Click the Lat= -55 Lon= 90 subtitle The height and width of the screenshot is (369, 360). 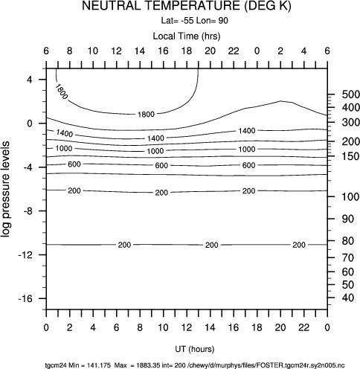[x=195, y=21]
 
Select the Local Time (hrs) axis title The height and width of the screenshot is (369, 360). [x=187, y=36]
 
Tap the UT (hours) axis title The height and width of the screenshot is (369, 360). [x=195, y=349]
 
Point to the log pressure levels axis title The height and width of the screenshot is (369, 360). [x=5, y=189]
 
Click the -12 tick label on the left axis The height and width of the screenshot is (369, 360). [x=25, y=255]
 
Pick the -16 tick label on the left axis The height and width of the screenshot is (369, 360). [x=25, y=298]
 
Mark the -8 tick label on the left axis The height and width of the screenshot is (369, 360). [x=28, y=211]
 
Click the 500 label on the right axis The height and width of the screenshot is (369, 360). [x=351, y=94]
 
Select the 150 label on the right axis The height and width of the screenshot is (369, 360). [x=351, y=156]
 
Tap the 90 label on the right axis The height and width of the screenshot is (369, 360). [x=348, y=219]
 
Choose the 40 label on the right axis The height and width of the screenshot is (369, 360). [x=348, y=298]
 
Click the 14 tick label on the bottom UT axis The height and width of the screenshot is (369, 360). [x=210, y=327]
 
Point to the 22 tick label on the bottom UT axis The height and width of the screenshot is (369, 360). [x=303, y=327]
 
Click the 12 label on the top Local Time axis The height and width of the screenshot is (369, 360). [x=116, y=51]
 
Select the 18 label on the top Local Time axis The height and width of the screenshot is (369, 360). [x=187, y=51]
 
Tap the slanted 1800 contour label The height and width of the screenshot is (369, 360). [x=61, y=92]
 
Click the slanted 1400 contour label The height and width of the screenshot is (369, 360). [x=65, y=133]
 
